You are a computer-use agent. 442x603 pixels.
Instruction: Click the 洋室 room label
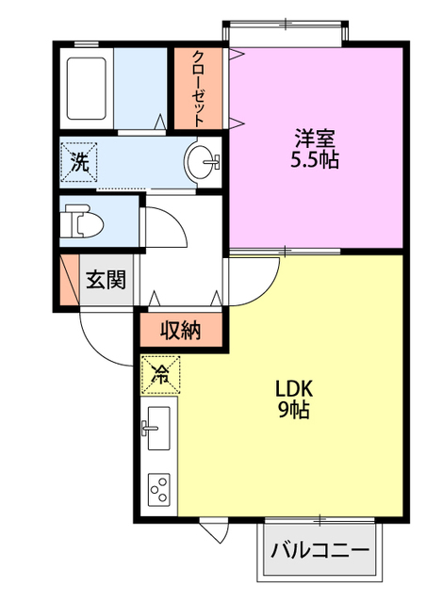click(x=314, y=139)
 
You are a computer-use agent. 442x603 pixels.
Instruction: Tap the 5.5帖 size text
click(x=314, y=159)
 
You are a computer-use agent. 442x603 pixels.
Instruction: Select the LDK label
click(x=294, y=389)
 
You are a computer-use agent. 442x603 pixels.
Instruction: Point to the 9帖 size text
click(x=294, y=410)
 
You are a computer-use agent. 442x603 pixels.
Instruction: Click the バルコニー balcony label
click(x=320, y=550)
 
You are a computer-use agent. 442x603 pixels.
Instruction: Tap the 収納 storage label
click(x=180, y=330)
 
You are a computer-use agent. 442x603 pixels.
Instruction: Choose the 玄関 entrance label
click(x=106, y=279)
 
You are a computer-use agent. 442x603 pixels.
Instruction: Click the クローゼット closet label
click(x=198, y=89)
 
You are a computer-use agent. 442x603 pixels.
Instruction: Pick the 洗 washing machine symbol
click(x=79, y=161)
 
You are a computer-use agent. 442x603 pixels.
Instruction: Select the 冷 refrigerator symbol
click(x=160, y=375)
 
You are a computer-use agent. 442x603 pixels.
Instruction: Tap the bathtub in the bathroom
click(x=86, y=89)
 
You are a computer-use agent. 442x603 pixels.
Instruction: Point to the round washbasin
click(x=201, y=161)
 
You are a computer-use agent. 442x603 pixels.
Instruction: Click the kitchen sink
click(x=158, y=428)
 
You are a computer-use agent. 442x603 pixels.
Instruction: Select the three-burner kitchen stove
click(x=159, y=490)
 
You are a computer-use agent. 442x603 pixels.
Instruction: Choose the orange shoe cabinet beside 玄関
click(x=70, y=280)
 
